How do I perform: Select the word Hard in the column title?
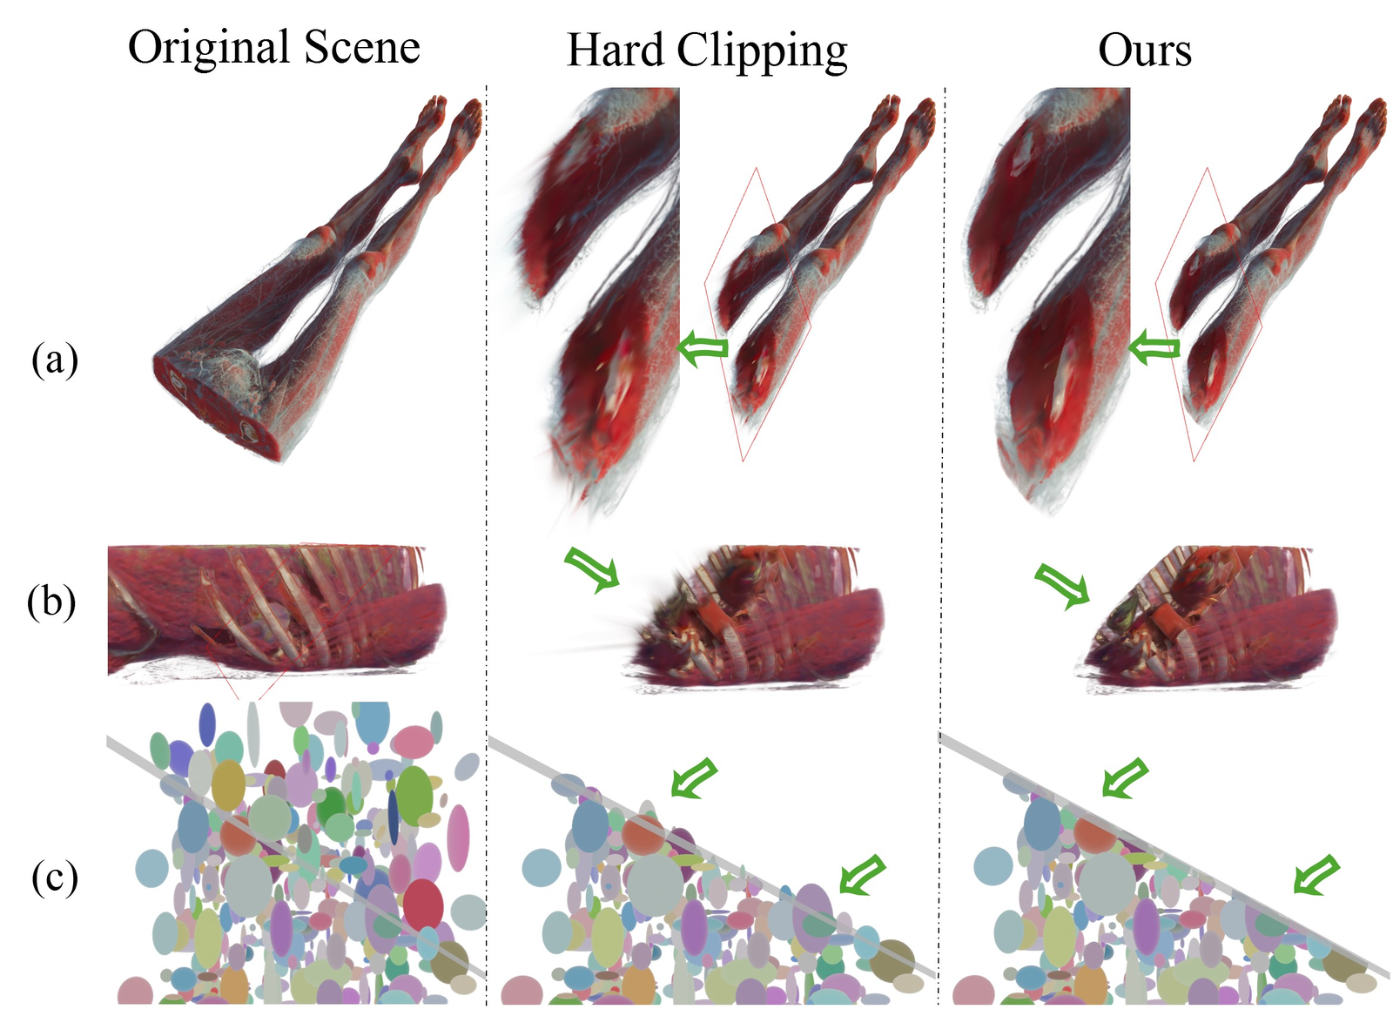point(615,50)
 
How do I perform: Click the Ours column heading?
point(1145,50)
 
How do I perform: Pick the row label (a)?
point(55,360)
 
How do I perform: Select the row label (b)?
point(51,602)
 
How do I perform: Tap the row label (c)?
point(55,878)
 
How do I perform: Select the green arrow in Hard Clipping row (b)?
point(593,568)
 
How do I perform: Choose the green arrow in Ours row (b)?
point(1063,586)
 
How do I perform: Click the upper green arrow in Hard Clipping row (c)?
point(694,777)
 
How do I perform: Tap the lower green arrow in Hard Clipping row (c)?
point(863,875)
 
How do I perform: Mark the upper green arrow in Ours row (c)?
point(1125,777)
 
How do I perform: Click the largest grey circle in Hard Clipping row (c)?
point(653,884)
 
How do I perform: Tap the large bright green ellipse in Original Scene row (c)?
point(414,795)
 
